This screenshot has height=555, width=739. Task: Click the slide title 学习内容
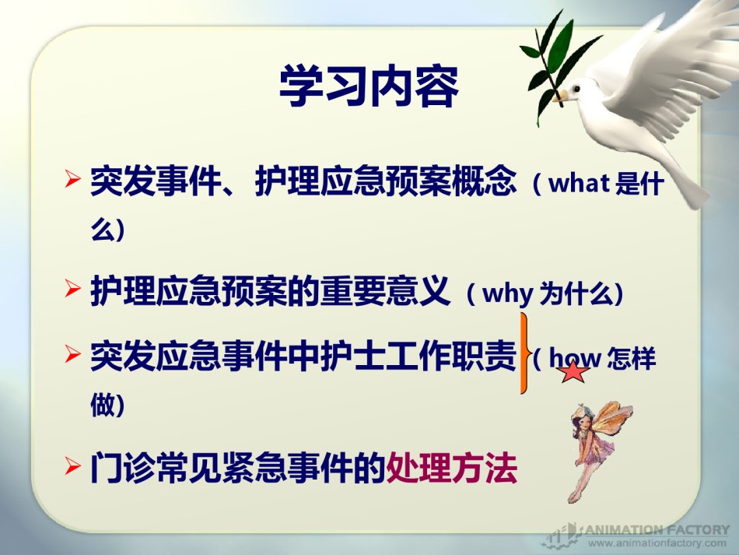coord(369,86)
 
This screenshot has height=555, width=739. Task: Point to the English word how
coord(575,358)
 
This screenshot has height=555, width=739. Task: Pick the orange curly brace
coord(524,353)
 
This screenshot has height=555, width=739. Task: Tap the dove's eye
coord(576,88)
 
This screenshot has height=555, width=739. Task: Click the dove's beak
coord(560,97)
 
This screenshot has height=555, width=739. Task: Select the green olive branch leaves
coord(556,61)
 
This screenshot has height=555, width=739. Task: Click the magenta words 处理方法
coord(451,468)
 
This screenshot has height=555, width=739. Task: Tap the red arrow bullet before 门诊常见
coord(72,465)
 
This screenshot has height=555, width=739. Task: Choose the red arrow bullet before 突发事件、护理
coord(72,179)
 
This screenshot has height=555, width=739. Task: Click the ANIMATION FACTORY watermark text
coord(657,529)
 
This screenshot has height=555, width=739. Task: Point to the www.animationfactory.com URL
coord(657,543)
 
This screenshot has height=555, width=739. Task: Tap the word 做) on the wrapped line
coord(107,405)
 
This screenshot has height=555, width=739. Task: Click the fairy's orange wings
coord(612,421)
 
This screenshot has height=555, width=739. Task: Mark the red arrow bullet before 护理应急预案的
coord(72,288)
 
